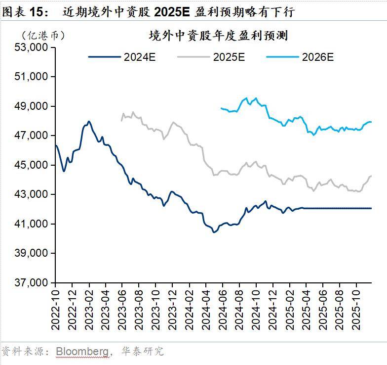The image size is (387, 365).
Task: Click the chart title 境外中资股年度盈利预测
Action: click(218, 36)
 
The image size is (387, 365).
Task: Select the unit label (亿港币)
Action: click(43, 35)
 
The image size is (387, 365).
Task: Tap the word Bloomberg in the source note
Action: click(82, 352)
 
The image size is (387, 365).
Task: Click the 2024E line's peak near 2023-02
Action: click(89, 121)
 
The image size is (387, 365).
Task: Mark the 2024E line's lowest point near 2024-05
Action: click(214, 231)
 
